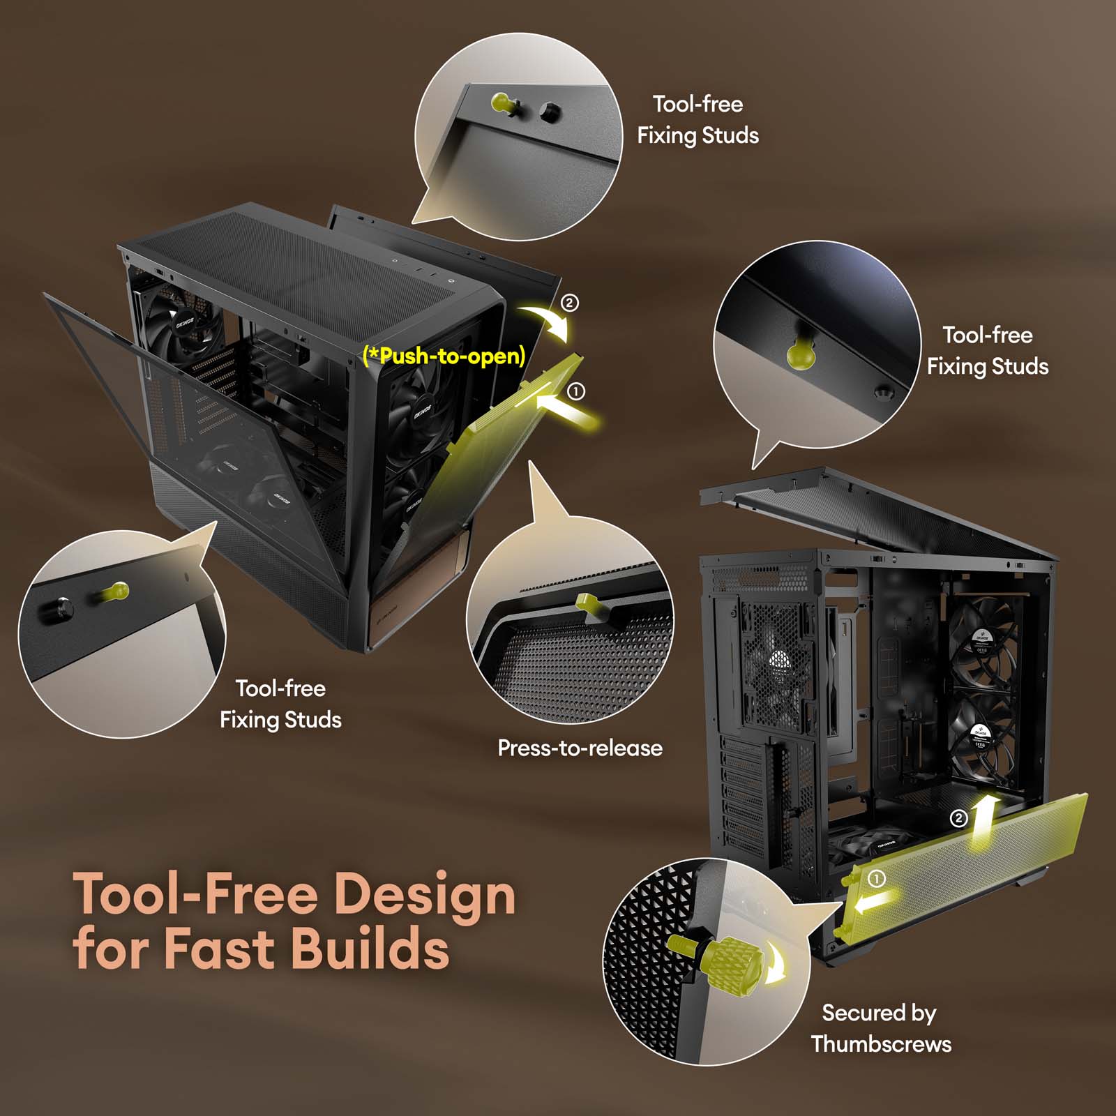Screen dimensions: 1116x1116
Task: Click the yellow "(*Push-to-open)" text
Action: click(444, 356)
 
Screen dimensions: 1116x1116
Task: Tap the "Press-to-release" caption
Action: click(580, 748)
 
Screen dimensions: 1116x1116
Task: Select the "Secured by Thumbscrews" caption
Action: click(881, 1028)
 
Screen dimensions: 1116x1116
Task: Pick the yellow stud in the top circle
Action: click(504, 103)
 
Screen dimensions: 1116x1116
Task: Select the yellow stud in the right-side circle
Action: click(801, 354)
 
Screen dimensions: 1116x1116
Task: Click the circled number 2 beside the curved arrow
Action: click(570, 303)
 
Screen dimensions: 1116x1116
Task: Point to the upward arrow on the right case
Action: click(983, 824)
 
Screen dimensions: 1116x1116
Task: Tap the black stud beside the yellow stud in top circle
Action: click(550, 110)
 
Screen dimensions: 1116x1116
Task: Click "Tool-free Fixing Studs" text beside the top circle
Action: click(697, 119)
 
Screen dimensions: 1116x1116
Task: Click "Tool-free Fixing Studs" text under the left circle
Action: click(280, 704)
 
